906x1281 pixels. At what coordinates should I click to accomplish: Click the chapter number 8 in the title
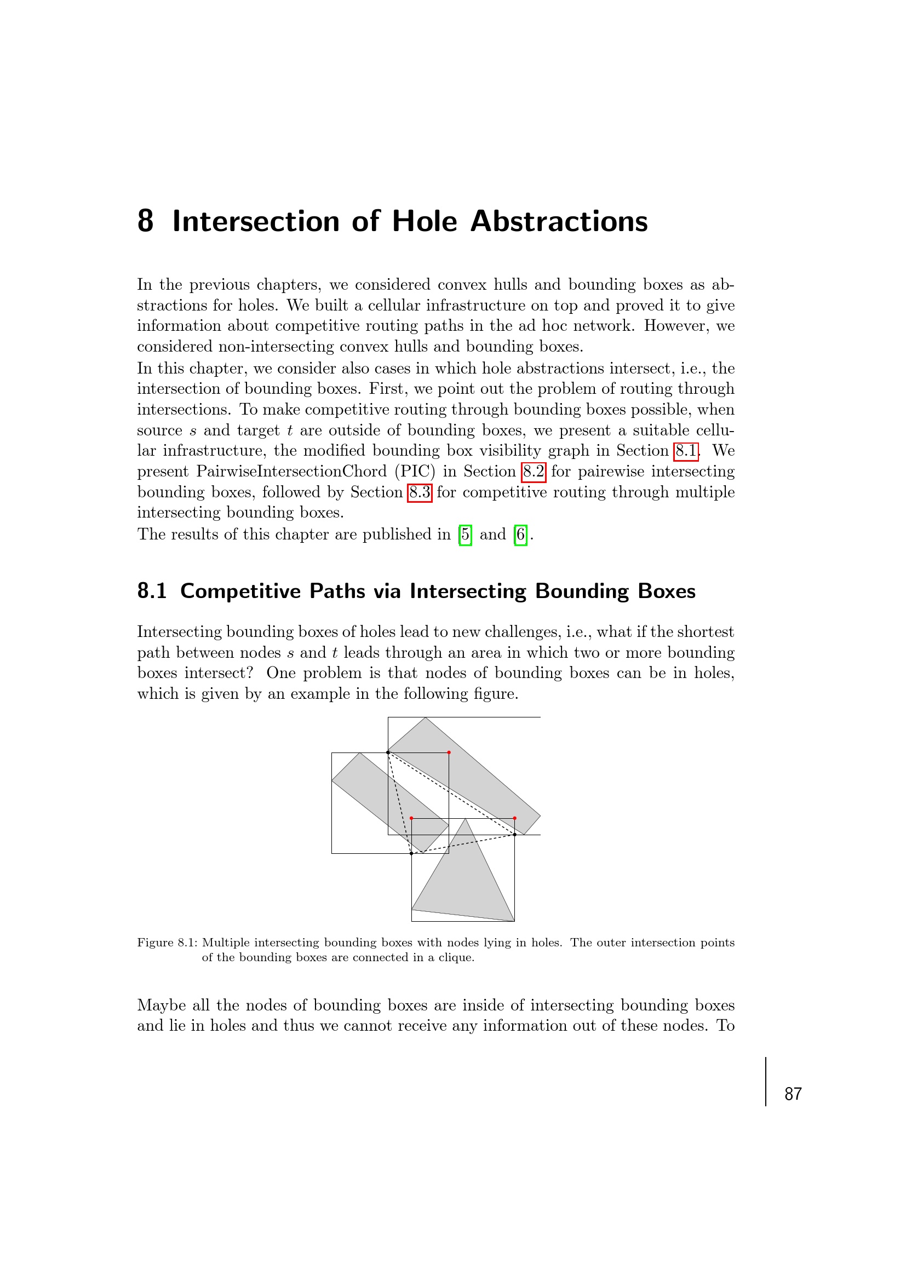point(145,221)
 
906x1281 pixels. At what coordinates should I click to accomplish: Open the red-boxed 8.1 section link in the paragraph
point(686,451)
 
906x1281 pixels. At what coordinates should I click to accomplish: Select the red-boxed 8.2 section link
point(534,472)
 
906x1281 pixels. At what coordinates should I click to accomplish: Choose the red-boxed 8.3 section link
point(420,492)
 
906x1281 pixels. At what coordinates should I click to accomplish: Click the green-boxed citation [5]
point(465,535)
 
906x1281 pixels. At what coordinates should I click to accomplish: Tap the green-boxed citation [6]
point(520,535)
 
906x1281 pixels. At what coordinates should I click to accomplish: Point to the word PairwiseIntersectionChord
point(291,472)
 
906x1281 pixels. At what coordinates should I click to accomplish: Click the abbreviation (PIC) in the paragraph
point(415,472)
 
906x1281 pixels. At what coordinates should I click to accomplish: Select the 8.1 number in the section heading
point(152,591)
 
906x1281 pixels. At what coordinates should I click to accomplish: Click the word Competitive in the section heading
point(240,591)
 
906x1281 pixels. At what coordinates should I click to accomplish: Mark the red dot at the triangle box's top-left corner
point(411,818)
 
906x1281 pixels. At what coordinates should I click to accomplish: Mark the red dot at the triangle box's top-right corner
point(514,818)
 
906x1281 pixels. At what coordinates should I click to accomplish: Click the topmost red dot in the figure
point(449,752)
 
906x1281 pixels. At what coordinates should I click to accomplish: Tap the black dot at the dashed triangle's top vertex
point(388,752)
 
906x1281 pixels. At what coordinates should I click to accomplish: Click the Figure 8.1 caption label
point(168,943)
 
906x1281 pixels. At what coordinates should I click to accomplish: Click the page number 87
point(793,1094)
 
